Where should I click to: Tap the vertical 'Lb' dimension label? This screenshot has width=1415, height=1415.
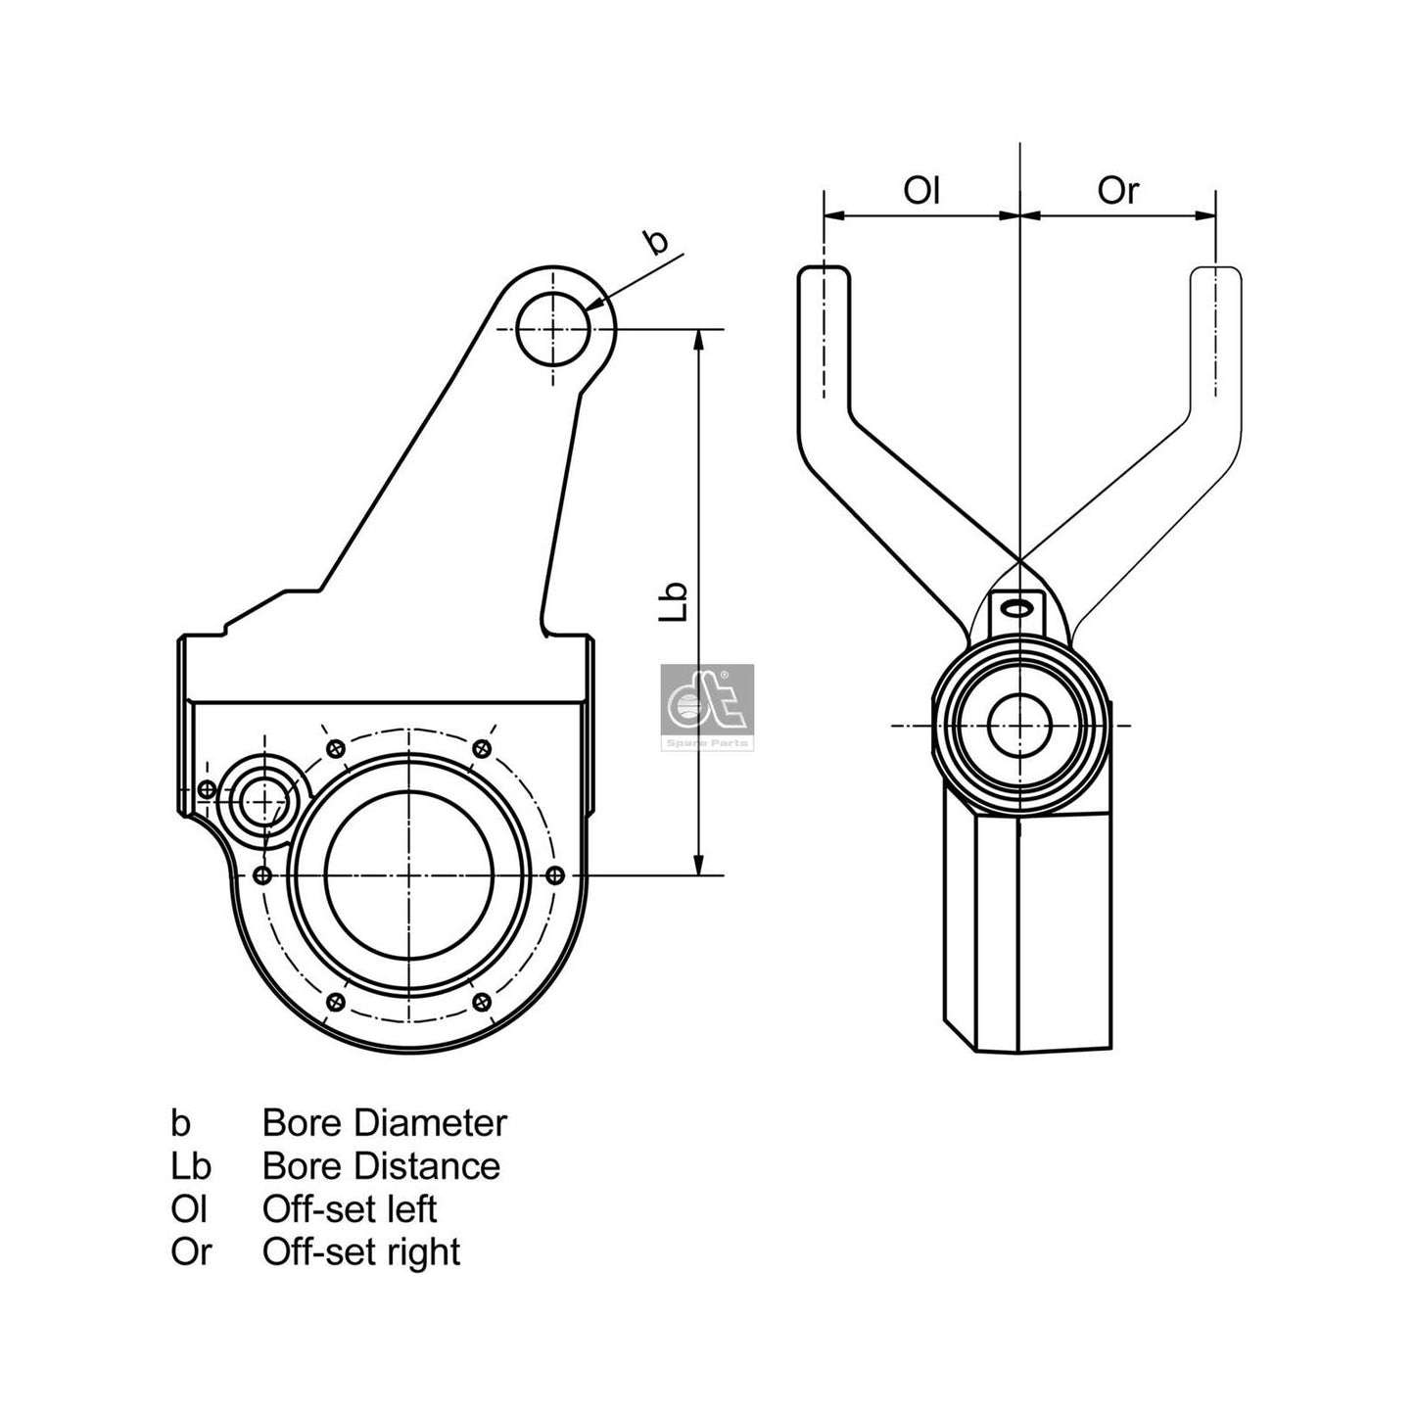tap(673, 601)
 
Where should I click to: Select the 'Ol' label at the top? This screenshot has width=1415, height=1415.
tap(921, 190)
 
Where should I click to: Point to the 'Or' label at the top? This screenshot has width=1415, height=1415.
tap(1118, 190)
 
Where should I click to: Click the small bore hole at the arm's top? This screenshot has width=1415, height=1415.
tap(553, 329)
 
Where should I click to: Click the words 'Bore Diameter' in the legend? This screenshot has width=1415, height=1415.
tap(384, 1122)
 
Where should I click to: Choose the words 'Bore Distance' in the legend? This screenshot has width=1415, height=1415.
tap(381, 1165)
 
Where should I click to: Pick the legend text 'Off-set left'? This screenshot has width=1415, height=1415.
tap(349, 1208)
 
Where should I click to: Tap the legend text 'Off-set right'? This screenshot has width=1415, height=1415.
tap(360, 1251)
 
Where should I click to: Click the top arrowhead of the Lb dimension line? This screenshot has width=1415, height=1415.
tap(698, 339)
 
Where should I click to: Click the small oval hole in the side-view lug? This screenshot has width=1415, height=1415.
tap(1018, 608)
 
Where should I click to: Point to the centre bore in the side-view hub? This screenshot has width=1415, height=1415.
tap(1019, 726)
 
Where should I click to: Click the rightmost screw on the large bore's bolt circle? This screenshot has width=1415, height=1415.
tap(555, 873)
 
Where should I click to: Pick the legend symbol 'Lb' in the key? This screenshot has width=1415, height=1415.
tap(190, 1165)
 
